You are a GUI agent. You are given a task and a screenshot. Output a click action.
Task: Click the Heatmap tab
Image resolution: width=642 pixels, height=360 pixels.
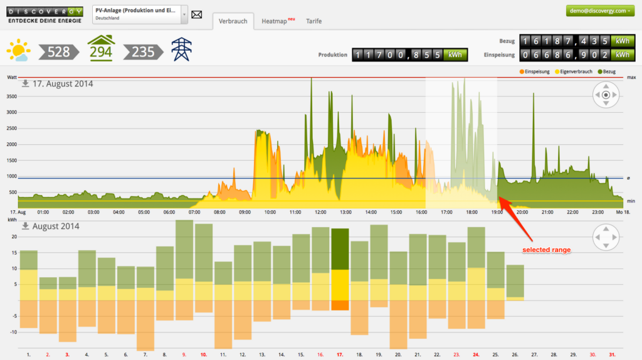[274, 21]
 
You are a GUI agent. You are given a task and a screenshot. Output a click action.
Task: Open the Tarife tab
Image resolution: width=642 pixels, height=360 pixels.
[314, 21]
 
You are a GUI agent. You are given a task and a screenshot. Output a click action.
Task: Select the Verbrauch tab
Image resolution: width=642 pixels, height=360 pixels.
[233, 21]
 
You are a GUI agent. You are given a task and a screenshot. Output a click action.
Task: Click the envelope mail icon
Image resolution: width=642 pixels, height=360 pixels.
[197, 14]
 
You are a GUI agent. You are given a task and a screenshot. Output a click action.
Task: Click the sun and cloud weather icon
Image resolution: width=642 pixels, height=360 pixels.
[19, 50]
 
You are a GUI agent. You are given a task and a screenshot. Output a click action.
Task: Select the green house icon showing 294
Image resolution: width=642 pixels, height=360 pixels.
[101, 48]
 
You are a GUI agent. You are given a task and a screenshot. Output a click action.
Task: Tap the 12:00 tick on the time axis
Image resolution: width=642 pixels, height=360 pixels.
[320, 213]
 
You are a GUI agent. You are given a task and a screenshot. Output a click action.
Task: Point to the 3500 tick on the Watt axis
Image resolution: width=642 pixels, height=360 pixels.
[10, 97]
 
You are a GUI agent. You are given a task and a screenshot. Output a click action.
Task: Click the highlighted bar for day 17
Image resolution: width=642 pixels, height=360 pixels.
[340, 269]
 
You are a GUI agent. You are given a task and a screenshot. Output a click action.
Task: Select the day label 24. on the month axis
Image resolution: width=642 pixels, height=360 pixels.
[476, 354]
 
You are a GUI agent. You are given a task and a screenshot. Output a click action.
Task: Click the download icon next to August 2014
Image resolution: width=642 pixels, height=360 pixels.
[26, 226]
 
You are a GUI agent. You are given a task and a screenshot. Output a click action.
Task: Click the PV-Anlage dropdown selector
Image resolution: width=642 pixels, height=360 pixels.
[139, 14]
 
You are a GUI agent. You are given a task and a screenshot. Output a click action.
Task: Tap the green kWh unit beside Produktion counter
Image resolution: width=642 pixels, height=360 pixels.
[455, 55]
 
